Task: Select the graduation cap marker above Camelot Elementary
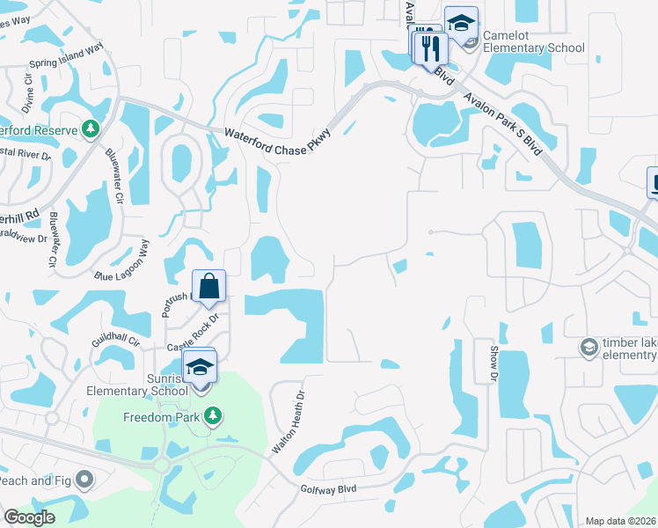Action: pos(460,23)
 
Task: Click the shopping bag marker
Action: pos(209,287)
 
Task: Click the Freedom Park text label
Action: pos(163,416)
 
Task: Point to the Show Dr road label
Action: pos(493,363)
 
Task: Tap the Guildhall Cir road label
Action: pos(115,336)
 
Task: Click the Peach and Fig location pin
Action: pos(84,480)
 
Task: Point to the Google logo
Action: pos(30,517)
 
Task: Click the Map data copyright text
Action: pos(619,521)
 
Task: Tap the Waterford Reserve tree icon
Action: pos(90,130)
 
